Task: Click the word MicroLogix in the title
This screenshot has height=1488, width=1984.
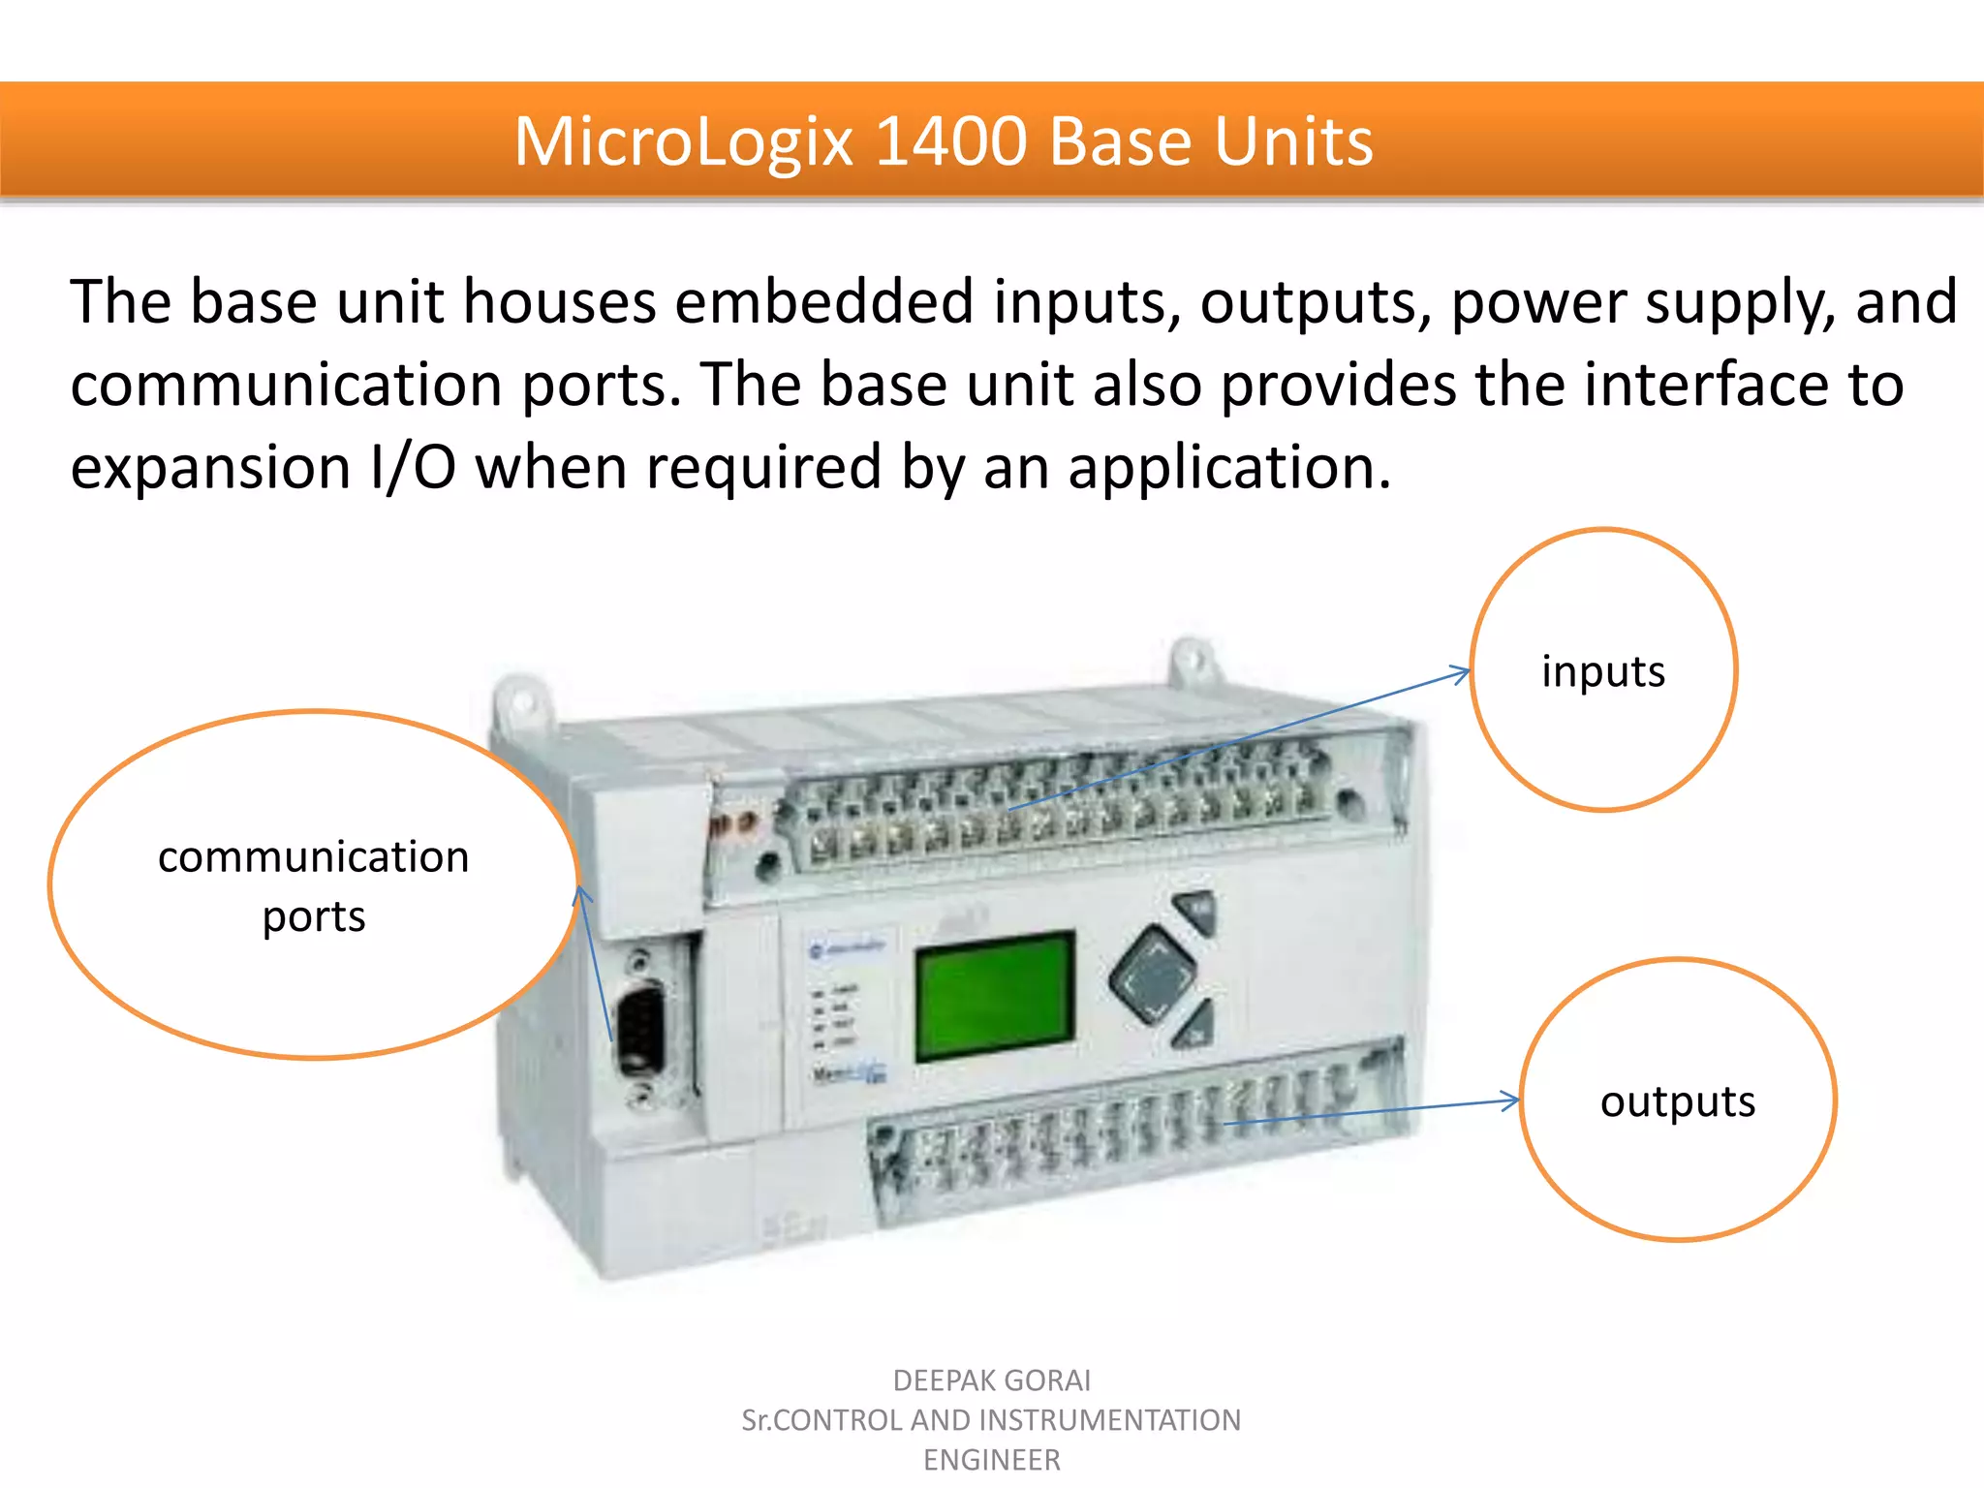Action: click(684, 142)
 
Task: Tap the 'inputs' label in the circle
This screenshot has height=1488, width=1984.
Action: click(1602, 671)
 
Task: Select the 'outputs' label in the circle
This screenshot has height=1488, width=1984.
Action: click(1677, 1101)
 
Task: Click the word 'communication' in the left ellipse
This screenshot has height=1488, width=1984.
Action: click(313, 857)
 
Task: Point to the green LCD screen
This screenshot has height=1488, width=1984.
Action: click(994, 996)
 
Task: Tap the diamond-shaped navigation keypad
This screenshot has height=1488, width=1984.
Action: click(1153, 975)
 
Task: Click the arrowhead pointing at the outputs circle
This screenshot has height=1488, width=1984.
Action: click(1511, 1100)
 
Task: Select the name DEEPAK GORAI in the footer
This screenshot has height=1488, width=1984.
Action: click(991, 1379)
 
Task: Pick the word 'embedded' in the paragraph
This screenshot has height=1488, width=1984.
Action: click(823, 301)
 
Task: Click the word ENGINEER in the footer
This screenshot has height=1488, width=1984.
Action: click(991, 1460)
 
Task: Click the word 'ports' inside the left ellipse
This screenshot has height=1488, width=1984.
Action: click(314, 916)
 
